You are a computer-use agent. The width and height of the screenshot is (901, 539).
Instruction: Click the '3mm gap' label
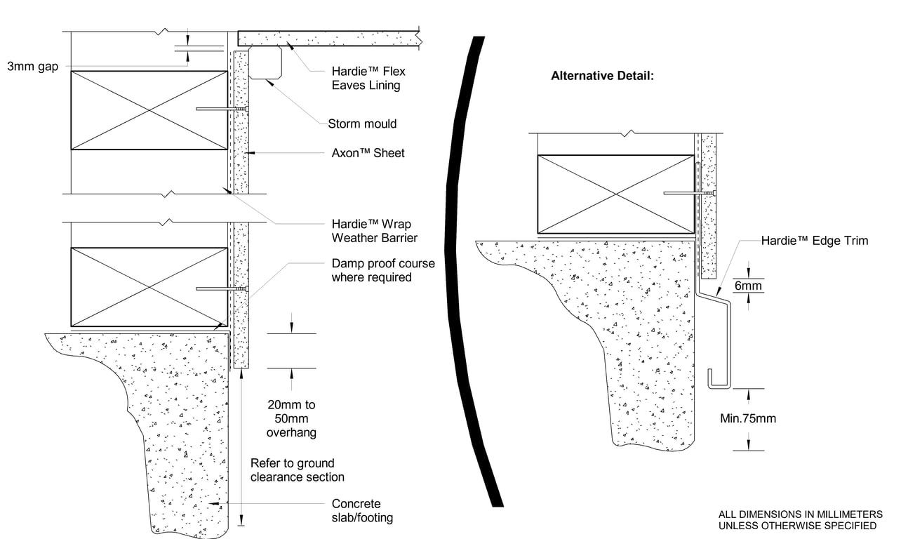point(33,67)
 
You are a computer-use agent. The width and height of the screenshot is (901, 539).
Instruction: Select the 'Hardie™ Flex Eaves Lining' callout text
point(368,79)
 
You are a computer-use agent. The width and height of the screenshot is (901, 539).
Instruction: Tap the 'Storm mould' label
point(362,124)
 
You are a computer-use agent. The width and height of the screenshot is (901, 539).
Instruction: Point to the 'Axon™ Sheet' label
point(368,153)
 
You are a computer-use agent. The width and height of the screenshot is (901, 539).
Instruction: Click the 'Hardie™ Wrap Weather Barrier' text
point(374,231)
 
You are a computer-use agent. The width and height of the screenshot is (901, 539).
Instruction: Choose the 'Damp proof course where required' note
point(382,270)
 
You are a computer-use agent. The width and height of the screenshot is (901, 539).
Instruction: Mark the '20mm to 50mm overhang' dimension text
point(291,418)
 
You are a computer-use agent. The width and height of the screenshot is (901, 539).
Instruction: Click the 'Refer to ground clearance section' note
point(298,470)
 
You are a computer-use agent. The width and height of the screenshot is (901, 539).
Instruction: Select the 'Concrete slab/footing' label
point(362,511)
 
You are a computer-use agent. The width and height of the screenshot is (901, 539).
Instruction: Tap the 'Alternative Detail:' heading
point(602,76)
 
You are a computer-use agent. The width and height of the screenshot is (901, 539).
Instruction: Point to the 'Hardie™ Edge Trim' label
point(815,241)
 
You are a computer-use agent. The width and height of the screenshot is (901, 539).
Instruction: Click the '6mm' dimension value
point(748,286)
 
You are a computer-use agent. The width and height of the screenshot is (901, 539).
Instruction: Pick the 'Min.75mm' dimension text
point(748,419)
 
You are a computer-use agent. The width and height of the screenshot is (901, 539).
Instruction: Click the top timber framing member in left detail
point(149,109)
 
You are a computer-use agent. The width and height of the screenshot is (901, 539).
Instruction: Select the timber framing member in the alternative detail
point(615,194)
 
